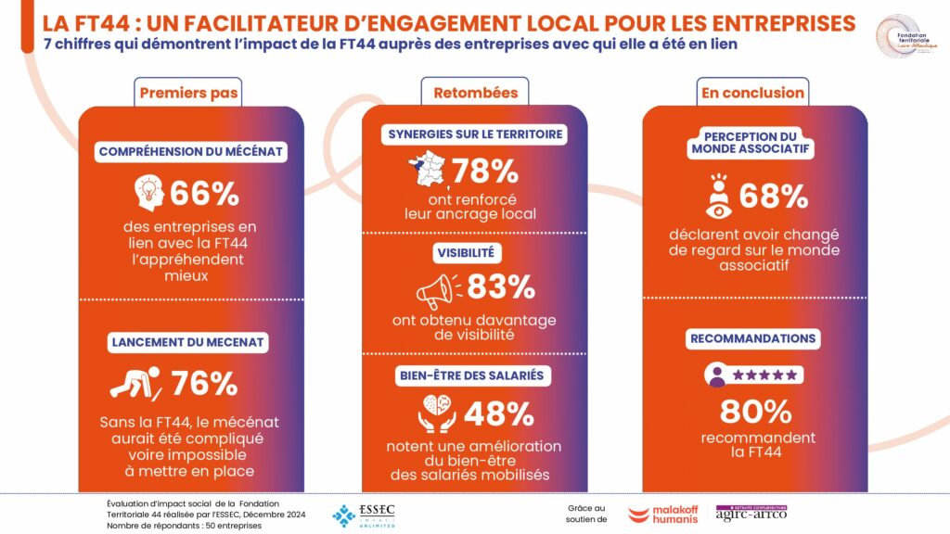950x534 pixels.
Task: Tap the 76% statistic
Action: (x=204, y=383)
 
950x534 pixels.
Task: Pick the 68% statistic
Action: (x=774, y=196)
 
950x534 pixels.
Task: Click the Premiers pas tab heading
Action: (x=189, y=92)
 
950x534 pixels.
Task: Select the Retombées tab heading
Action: (x=475, y=92)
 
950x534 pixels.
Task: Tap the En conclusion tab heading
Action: (x=751, y=92)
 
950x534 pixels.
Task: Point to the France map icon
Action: (x=426, y=171)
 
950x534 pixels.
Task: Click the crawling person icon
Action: (x=136, y=382)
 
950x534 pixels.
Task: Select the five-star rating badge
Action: (x=752, y=375)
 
